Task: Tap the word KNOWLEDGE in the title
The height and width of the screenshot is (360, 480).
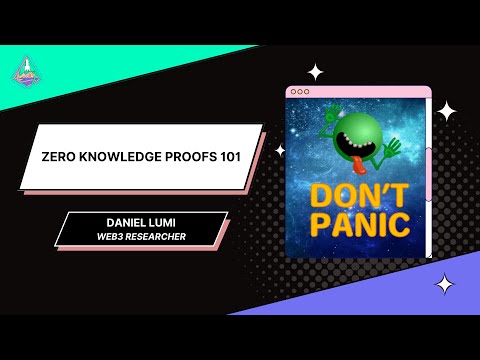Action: pyautogui.click(x=113, y=158)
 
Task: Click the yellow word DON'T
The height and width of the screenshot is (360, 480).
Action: pyautogui.click(x=357, y=195)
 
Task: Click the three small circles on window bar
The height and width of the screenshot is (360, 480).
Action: pyautogui.click(x=298, y=92)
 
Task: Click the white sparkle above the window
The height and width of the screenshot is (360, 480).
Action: pyautogui.click(x=316, y=71)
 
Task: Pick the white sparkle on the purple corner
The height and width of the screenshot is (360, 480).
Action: pyautogui.click(x=444, y=285)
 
